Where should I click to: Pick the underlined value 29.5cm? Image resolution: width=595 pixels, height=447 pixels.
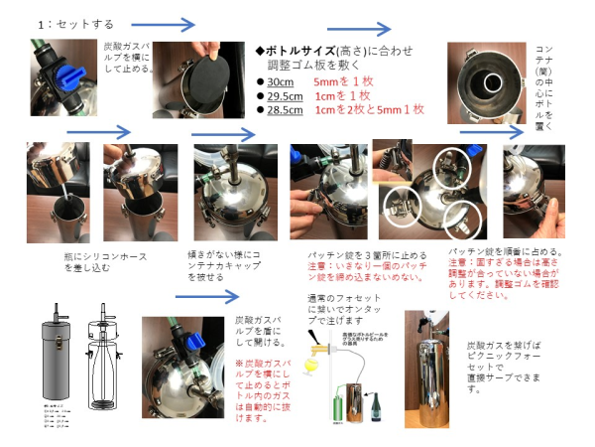(x=285, y=95)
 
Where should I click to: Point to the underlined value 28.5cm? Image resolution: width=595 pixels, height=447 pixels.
(x=285, y=109)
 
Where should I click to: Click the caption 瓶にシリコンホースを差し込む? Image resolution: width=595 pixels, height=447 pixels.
(x=70, y=260)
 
